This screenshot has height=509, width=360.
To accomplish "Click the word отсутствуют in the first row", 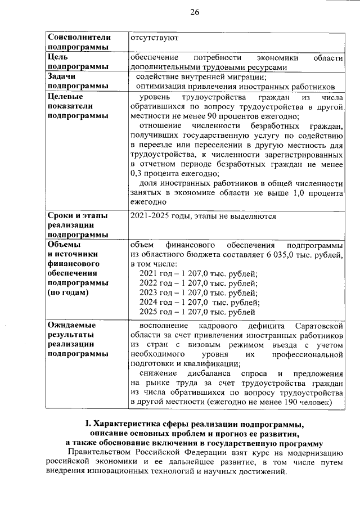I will pos(155,38).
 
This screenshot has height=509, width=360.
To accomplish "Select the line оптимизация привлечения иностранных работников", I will pos(236,87).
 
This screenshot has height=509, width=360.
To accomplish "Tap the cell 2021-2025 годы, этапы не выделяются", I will pos(202,216).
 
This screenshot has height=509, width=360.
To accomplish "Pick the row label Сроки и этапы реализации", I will pos(78,225).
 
